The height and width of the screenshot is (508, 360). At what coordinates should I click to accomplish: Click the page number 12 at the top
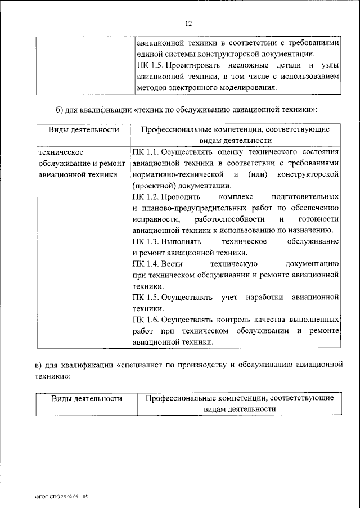188,23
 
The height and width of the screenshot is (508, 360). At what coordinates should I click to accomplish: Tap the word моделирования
249,88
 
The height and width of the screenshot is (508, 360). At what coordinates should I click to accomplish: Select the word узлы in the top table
328,65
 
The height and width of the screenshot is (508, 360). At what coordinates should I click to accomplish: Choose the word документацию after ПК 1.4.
311,263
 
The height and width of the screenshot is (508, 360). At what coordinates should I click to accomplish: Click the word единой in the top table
151,54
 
